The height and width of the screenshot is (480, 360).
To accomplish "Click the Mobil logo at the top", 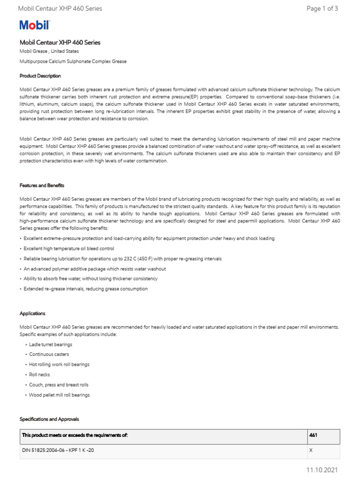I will coord(34,25).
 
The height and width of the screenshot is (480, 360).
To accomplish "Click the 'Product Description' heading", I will coord(40,75).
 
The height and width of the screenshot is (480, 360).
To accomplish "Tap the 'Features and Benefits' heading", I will coord(42,185).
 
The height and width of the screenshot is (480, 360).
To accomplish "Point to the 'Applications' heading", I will coord(32,313).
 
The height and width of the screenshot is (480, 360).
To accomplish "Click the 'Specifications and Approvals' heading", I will coord(49,419).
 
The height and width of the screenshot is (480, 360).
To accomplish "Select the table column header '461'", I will coord(314,435).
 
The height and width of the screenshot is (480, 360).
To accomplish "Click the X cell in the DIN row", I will coord(311,450).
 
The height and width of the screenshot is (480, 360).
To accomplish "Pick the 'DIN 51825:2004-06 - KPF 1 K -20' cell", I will coord(60,450).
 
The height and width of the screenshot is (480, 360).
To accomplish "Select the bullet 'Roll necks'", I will coord(39,375).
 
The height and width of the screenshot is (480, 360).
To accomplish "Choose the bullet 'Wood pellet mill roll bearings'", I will coord(59,395).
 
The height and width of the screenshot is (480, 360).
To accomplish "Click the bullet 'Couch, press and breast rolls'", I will coord(59,384).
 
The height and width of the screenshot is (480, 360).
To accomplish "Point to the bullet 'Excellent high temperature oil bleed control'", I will coord(68,248).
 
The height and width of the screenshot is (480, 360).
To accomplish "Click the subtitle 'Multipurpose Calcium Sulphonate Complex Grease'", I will coord(73,61).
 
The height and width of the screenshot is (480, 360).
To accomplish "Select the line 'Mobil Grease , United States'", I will coord(49,51).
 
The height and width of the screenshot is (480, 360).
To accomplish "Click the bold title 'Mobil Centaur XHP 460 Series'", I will coord(60,42).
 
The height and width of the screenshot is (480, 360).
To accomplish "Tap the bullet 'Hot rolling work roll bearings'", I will coord(59,364).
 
